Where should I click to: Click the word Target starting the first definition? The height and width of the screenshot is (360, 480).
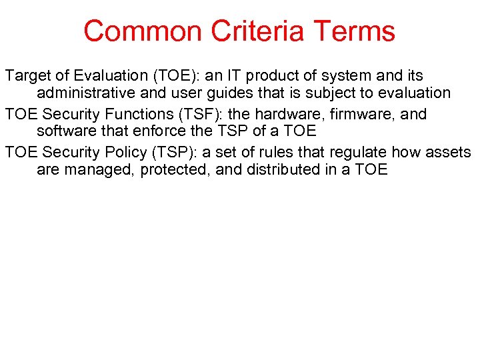pos(26,76)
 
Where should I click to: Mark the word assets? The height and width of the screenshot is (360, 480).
pos(449,152)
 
